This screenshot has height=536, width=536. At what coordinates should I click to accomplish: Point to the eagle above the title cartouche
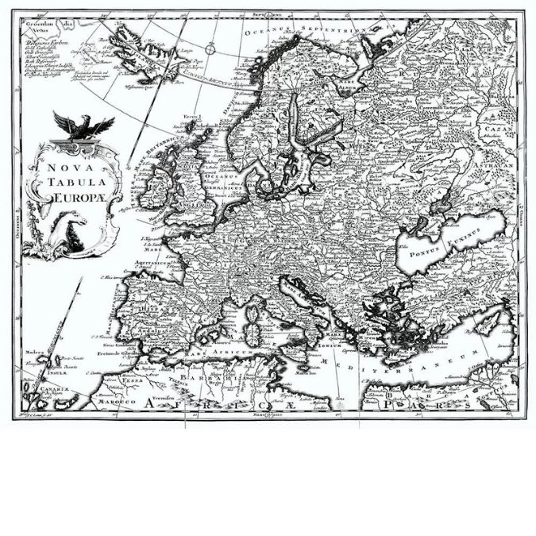(83, 125)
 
